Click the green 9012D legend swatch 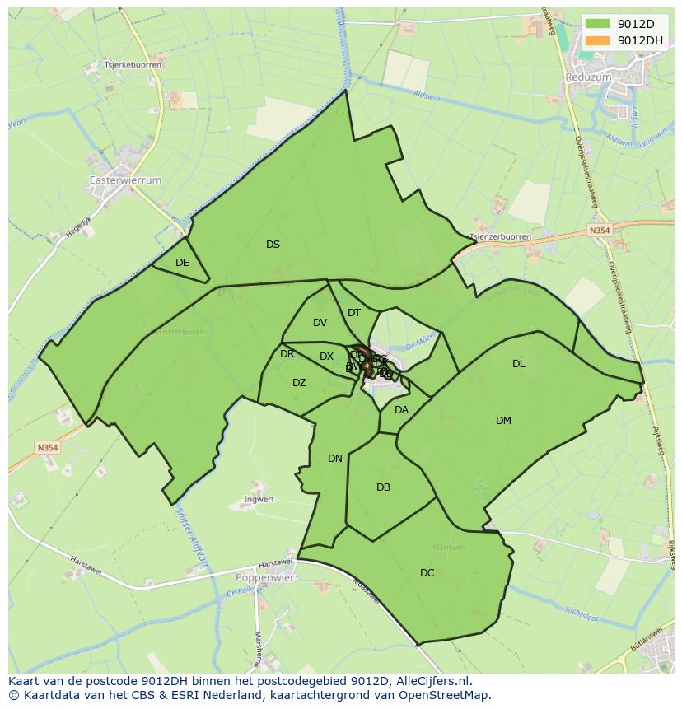coord(600,24)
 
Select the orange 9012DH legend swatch coord(600,40)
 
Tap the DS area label coord(273,245)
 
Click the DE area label coord(182,263)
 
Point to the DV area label coord(320,323)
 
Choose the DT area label coord(354,313)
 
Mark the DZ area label coord(299,383)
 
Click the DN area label coord(335,459)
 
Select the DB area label coord(383,487)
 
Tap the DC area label coord(427,573)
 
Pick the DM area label coord(503,421)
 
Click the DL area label coord(518,364)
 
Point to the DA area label coord(401,410)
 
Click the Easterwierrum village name coord(125,180)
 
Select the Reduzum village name coord(588,77)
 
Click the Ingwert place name coord(259,500)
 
